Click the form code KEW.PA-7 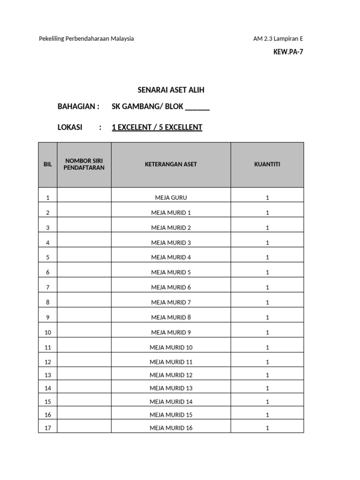point(288,52)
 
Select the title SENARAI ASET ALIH point(171,90)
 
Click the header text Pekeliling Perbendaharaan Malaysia point(86,38)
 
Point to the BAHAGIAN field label point(78,106)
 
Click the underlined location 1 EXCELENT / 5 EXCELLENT point(157,127)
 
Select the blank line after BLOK point(197,107)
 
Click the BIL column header point(48,165)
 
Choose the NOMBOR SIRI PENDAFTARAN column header point(84,165)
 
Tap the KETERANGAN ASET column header point(171,165)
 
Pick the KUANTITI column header point(267,165)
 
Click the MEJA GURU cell point(171,198)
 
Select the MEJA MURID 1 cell point(171,213)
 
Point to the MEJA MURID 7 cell point(171,302)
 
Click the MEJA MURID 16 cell point(171,427)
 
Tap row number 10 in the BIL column point(48,332)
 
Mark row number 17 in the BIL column point(48,427)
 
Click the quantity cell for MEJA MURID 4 point(267,257)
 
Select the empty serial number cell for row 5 point(84,257)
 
